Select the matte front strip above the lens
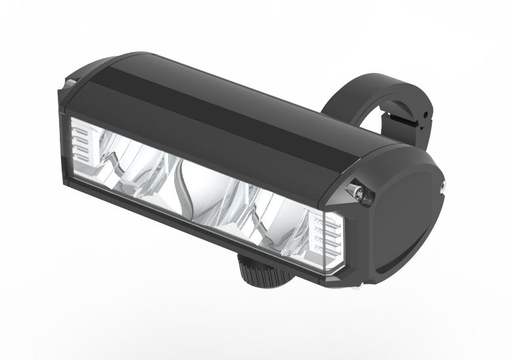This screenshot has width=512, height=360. (x=197, y=135)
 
